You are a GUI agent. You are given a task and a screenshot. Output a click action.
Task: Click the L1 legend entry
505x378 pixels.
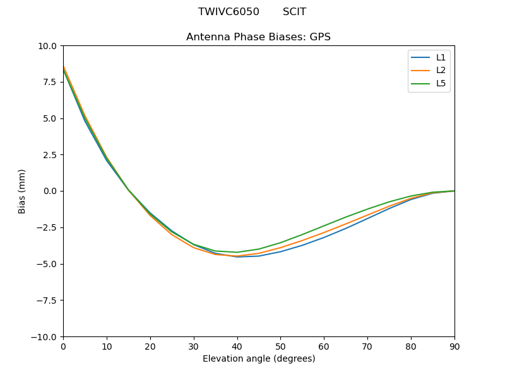[441, 57]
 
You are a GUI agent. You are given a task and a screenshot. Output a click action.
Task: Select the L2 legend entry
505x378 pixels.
[441, 71]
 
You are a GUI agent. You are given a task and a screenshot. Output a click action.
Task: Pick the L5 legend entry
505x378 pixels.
[441, 83]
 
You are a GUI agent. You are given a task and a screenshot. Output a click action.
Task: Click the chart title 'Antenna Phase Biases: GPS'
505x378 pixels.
[258, 37]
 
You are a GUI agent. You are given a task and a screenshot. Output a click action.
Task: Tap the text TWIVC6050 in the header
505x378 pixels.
[229, 12]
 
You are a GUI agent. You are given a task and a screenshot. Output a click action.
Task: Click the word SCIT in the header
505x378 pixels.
[294, 12]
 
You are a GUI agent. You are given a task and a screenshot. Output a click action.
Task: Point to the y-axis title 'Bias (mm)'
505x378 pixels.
[22, 191]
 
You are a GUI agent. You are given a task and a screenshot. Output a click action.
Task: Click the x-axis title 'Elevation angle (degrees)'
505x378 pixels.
[258, 358]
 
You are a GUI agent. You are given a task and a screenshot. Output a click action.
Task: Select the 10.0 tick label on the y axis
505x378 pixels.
[47, 46]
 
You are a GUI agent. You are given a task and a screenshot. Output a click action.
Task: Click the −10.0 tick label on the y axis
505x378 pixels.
[44, 336]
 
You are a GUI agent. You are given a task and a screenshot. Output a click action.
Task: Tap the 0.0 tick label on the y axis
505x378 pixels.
[50, 191]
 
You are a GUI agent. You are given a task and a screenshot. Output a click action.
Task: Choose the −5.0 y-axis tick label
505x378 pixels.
[47, 264]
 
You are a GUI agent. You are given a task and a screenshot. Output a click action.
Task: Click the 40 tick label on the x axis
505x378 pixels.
[237, 346]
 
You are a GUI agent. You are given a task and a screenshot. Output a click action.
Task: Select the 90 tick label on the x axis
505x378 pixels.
[454, 346]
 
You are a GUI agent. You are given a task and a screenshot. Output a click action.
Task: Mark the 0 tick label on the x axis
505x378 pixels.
[63, 346]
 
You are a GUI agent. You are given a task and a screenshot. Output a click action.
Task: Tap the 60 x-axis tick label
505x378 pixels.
[324, 346]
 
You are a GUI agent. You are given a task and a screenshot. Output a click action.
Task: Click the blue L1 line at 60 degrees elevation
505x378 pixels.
[324, 237]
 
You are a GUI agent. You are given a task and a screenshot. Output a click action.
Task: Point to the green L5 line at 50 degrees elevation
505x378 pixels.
[280, 243]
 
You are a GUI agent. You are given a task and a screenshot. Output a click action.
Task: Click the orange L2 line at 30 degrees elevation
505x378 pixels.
[194, 248]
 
